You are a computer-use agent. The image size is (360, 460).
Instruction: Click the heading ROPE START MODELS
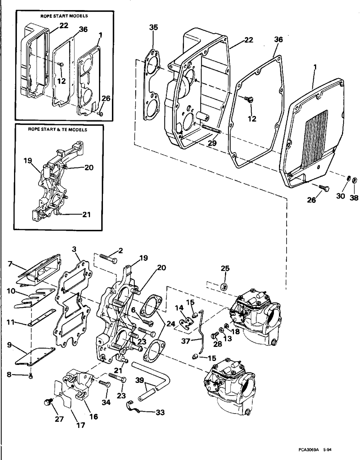[64, 16]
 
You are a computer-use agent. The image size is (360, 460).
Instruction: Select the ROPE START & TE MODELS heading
[58, 130]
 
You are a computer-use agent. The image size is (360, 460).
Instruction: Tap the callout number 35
[154, 27]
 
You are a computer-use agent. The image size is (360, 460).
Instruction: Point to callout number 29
[212, 143]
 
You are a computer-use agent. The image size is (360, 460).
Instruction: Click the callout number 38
[354, 198]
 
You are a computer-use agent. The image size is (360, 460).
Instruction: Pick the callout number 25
[225, 268]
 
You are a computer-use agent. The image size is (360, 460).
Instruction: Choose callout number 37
[186, 341]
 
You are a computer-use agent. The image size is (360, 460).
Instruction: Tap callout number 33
[160, 412]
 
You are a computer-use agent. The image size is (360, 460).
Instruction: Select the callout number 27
[59, 419]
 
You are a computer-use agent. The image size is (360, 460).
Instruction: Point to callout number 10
[11, 291]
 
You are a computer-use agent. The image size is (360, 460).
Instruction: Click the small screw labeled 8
[31, 376]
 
